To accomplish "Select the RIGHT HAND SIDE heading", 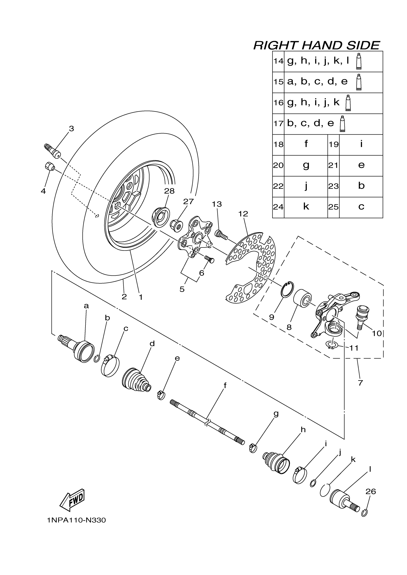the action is (317, 46).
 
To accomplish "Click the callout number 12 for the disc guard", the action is (243, 214).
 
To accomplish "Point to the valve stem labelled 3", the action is (53, 151).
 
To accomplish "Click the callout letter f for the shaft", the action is (225, 386).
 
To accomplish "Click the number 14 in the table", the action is (278, 61).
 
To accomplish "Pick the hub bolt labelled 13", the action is (221, 235).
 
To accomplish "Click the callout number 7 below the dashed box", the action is (360, 383).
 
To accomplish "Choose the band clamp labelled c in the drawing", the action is (110, 367).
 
